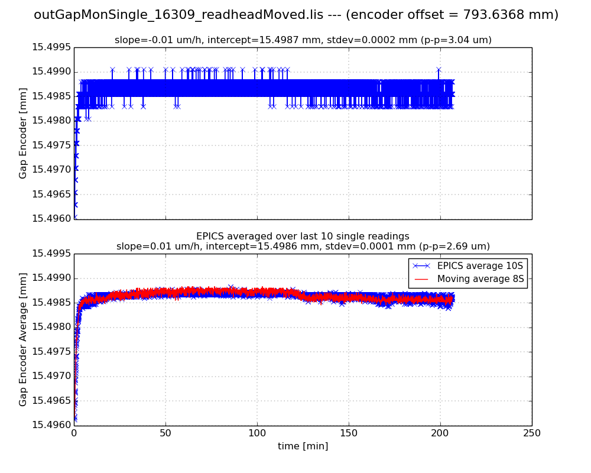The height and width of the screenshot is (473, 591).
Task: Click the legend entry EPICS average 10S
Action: coord(480,265)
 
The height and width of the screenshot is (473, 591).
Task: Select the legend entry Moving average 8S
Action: coord(480,278)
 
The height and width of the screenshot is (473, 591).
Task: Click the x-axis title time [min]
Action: coord(303,446)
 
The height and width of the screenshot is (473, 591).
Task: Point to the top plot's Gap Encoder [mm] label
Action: coord(23,133)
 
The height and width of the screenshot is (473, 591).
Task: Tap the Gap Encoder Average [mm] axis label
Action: coord(23,339)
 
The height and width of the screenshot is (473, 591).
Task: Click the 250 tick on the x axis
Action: coord(531,433)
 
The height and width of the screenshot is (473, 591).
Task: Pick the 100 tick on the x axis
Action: coord(257,433)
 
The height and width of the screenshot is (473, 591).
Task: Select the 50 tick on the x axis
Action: coord(165,433)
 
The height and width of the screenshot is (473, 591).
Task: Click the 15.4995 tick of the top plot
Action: coord(51,47)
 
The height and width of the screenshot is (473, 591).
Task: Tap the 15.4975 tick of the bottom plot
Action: coord(51,352)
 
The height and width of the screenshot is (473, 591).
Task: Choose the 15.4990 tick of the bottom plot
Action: coord(51,278)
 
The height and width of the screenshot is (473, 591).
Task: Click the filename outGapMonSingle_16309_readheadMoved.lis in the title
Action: coord(178,15)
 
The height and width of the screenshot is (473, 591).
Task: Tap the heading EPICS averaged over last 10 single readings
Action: coord(303,237)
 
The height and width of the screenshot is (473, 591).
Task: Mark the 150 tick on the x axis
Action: coord(349,433)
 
